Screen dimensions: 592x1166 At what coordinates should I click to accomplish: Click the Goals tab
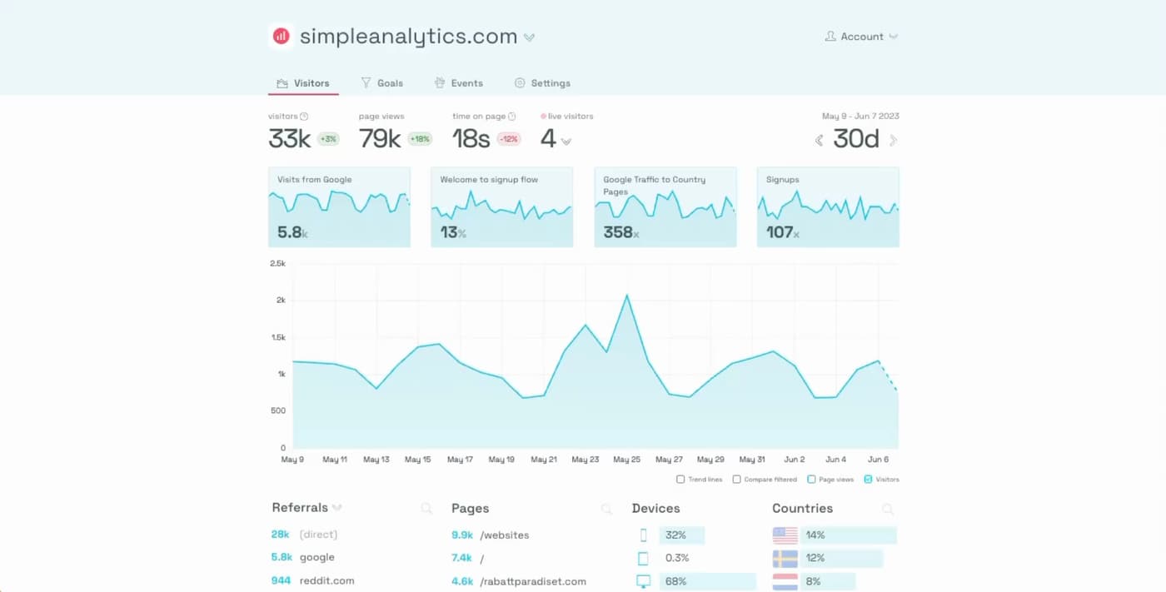(382, 83)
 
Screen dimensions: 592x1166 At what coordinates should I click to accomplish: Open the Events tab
(459, 83)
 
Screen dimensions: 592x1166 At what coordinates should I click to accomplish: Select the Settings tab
(543, 83)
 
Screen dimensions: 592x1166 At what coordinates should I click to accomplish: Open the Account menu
(861, 37)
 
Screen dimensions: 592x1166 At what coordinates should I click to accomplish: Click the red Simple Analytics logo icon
(282, 37)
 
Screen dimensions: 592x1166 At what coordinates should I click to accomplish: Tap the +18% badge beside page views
(420, 139)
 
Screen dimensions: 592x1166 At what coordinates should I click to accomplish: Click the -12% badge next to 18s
(509, 139)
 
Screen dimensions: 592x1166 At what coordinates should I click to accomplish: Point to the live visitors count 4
(547, 139)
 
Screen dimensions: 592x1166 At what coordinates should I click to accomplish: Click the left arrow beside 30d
(820, 141)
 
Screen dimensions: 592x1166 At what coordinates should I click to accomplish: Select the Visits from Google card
(339, 207)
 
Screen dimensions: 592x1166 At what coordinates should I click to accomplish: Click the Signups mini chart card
(828, 207)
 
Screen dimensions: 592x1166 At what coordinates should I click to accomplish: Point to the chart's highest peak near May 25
(626, 296)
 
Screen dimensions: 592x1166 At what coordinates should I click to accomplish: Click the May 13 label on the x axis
(376, 460)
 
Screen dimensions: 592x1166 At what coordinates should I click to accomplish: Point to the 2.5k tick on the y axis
(277, 263)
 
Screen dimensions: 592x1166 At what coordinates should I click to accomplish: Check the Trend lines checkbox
(680, 480)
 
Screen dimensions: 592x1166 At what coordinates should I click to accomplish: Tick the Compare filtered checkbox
(736, 480)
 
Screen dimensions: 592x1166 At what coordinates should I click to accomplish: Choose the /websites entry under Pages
(504, 535)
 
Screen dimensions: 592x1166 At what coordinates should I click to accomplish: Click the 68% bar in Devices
(706, 581)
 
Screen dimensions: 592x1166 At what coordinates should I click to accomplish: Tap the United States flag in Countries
(785, 535)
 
